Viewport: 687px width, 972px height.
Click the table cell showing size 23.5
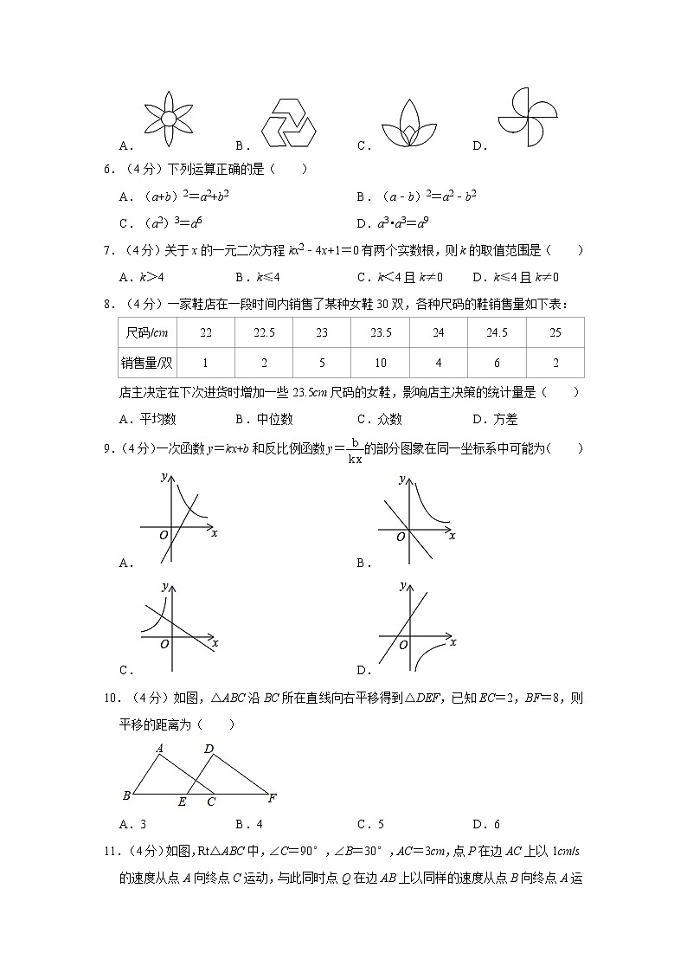(x=381, y=332)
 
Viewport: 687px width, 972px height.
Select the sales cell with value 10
(x=381, y=363)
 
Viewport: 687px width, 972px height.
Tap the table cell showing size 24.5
(x=497, y=332)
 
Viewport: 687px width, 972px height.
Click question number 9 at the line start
(x=109, y=448)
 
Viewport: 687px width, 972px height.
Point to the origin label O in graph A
(x=163, y=536)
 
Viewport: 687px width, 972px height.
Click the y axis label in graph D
(x=403, y=586)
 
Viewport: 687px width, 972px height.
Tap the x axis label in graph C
(x=215, y=642)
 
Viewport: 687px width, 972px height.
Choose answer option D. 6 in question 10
(x=486, y=824)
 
